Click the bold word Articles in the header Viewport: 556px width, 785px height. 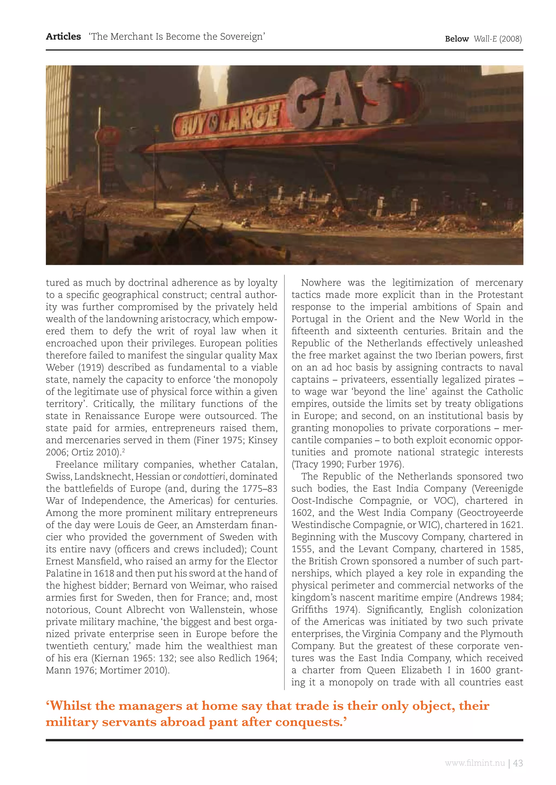[63, 37]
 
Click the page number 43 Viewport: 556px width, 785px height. [518, 763]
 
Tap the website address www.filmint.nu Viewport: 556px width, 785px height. [475, 763]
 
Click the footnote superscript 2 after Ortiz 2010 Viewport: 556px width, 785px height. [123, 451]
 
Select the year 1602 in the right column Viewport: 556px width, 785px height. [302, 513]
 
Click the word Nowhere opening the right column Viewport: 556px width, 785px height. [321, 283]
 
